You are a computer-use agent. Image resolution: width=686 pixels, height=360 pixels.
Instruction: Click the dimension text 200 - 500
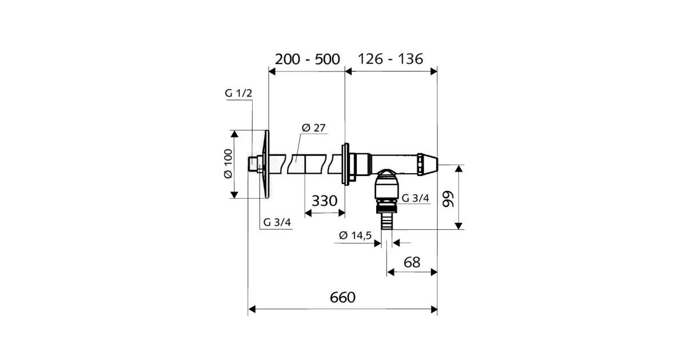point(307,59)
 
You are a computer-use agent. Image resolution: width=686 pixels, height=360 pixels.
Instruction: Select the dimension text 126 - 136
point(390,59)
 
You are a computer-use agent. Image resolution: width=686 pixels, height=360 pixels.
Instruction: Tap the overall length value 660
point(342,297)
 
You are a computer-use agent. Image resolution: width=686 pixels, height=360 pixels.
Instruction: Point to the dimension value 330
point(324,201)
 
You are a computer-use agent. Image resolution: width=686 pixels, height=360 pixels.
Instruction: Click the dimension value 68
point(412,262)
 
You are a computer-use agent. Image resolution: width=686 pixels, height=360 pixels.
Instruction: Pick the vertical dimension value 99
point(448,199)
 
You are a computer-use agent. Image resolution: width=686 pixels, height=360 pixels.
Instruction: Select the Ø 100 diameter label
point(228,163)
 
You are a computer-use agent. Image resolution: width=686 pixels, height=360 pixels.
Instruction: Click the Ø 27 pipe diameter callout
point(313,127)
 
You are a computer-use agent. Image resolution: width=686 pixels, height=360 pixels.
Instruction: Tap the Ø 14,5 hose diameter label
point(355,235)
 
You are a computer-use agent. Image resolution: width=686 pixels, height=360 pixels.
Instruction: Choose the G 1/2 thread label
point(238,93)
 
